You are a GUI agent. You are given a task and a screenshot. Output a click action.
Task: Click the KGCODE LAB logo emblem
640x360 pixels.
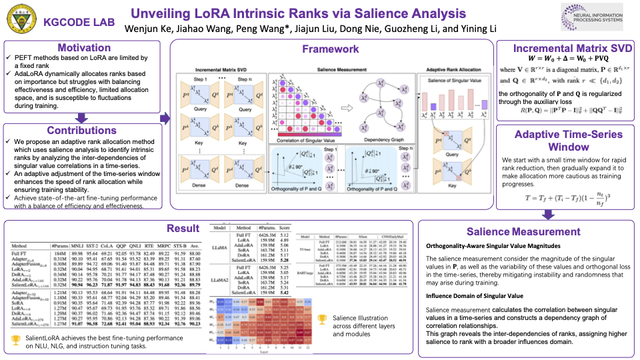(20, 21)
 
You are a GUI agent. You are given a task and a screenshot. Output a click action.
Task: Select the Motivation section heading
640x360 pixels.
(84, 48)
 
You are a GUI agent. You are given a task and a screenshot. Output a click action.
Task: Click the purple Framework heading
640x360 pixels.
(331, 49)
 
